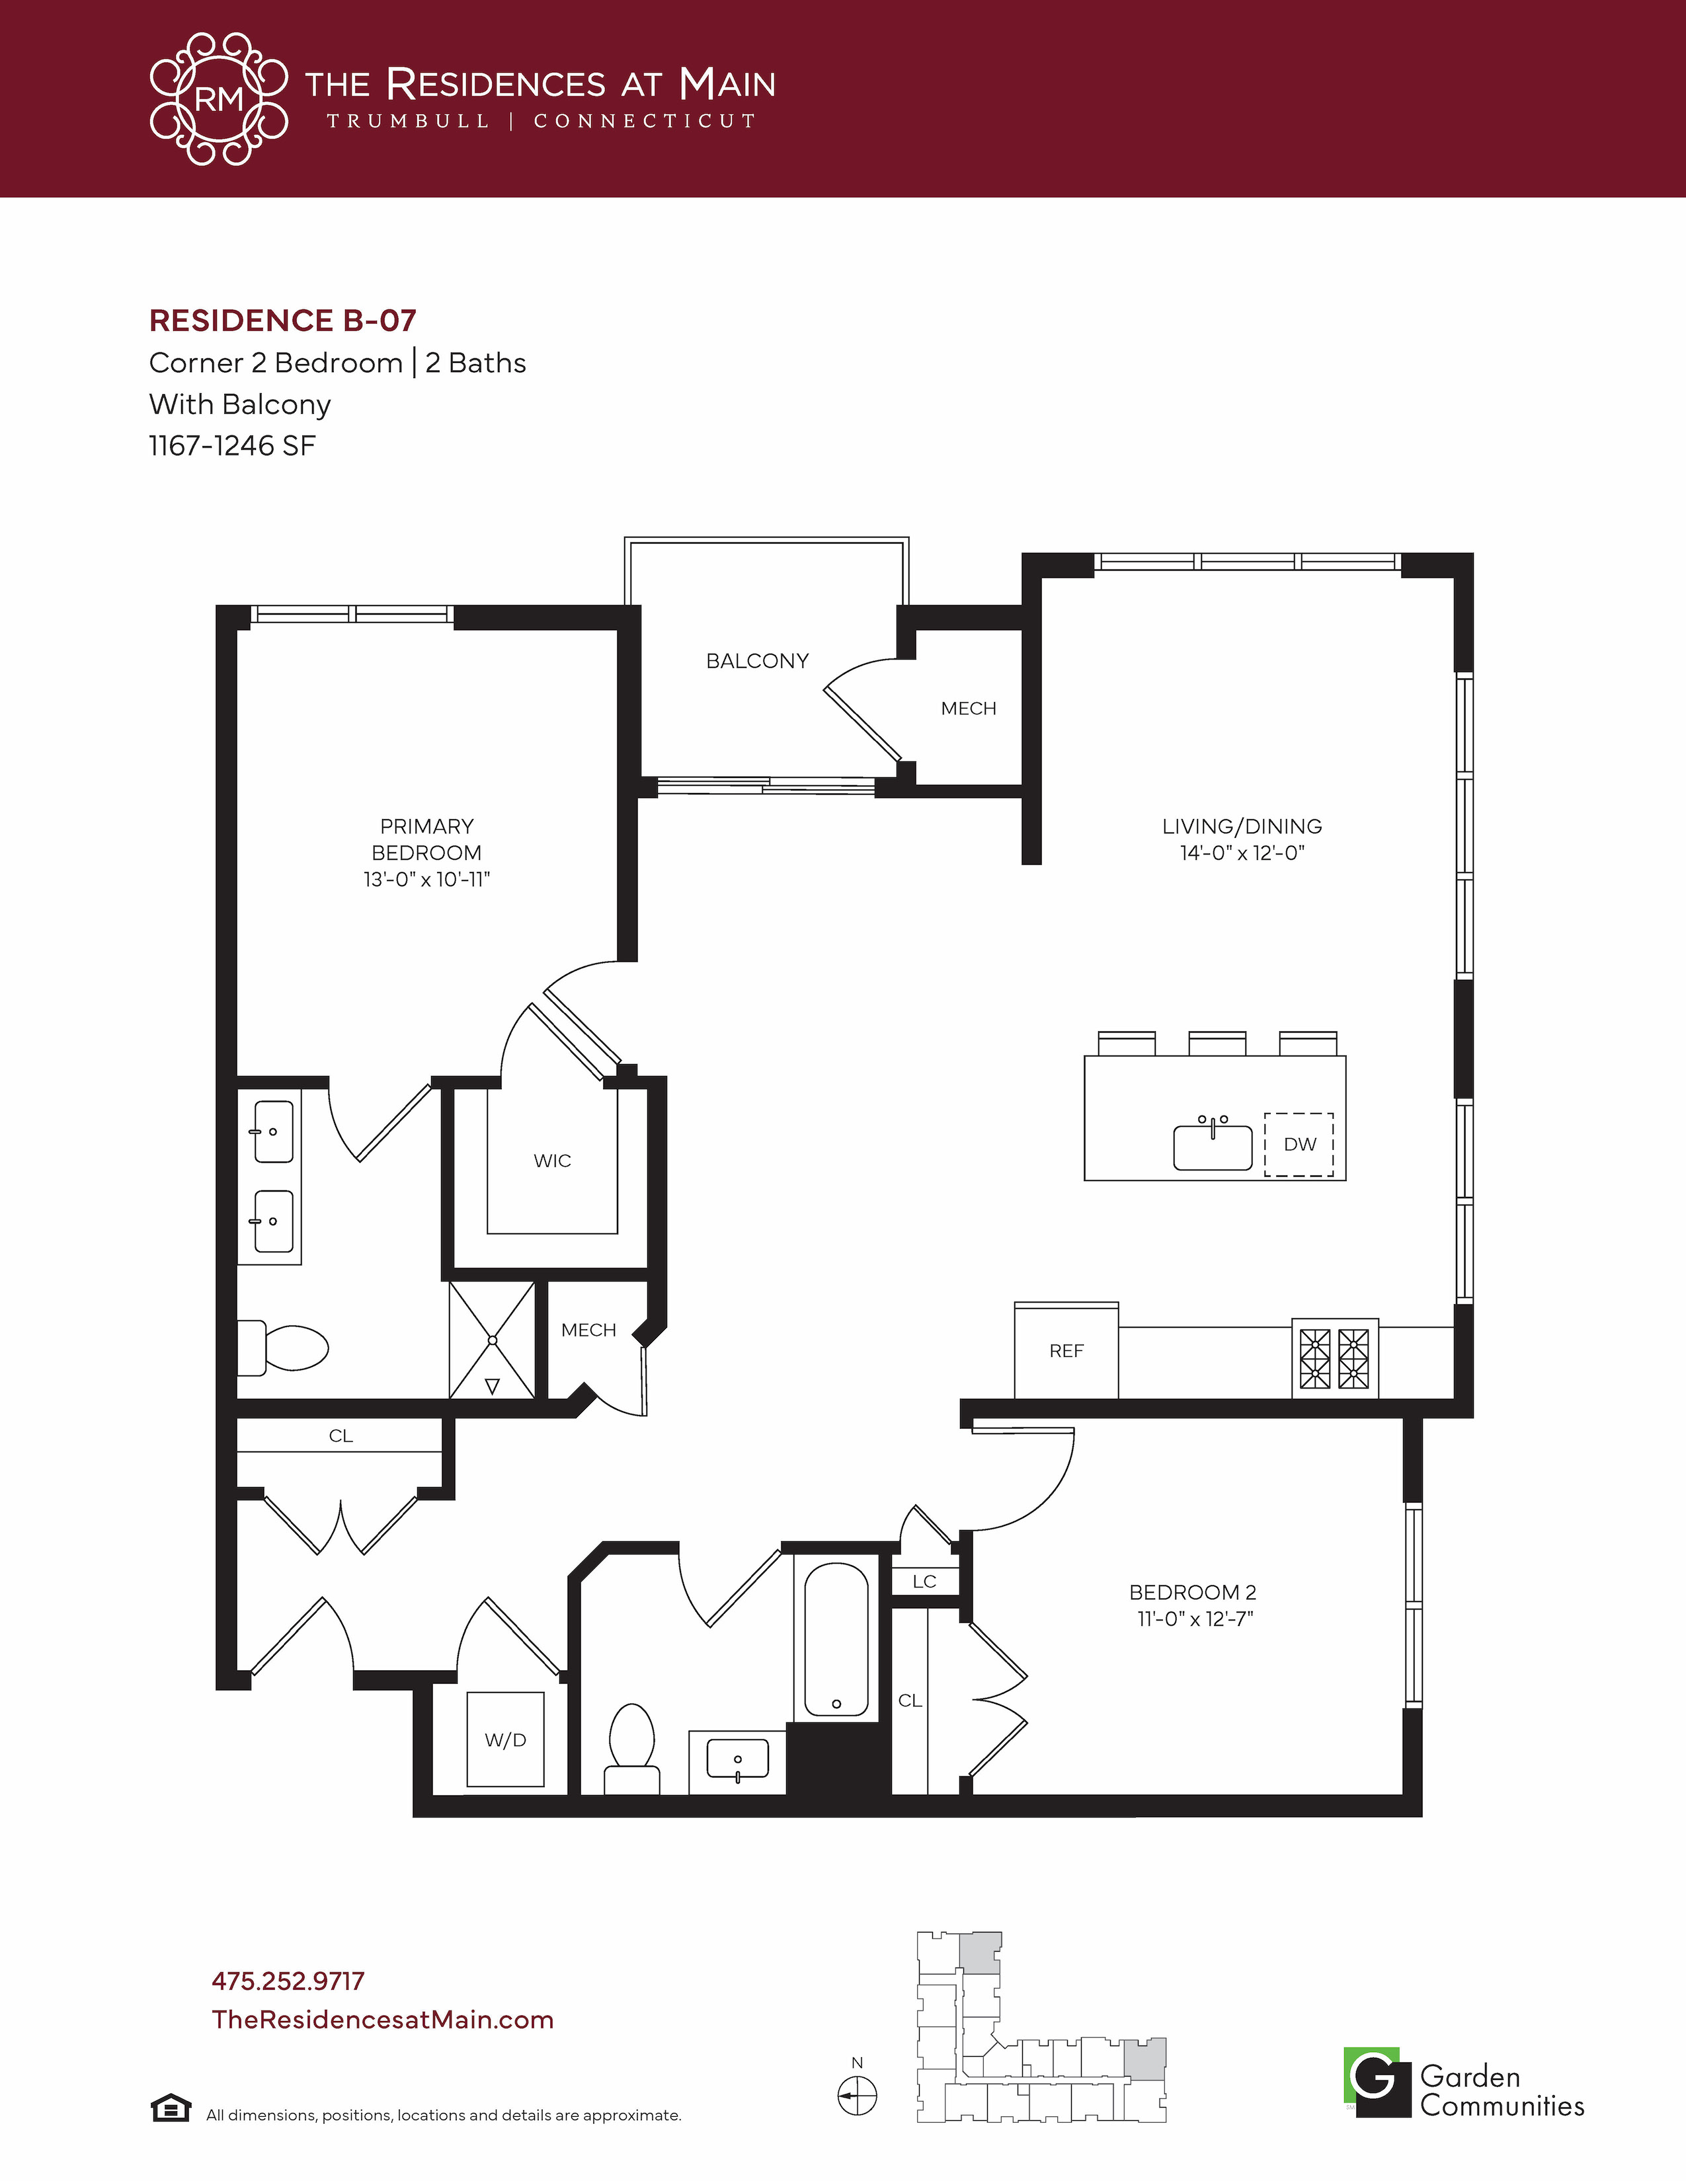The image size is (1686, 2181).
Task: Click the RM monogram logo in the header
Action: (x=219, y=99)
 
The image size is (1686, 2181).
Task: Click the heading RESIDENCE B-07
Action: (x=283, y=321)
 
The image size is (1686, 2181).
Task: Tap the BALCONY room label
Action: (x=757, y=661)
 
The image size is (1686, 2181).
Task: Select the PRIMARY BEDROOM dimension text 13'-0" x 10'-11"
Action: (x=426, y=879)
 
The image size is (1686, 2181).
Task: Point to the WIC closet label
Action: (x=552, y=1161)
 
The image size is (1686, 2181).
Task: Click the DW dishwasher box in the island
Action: (x=1299, y=1145)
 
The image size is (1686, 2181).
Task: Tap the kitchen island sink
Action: (x=1213, y=1145)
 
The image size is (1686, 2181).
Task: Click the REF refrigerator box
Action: (x=1066, y=1350)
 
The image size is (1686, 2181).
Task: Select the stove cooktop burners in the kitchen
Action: (x=1334, y=1358)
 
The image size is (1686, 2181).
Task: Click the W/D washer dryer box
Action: (x=505, y=1739)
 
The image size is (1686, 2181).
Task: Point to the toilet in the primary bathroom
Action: (x=283, y=1347)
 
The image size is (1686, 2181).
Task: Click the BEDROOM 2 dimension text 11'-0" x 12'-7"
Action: (x=1195, y=1619)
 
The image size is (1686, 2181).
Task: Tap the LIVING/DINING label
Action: (x=1242, y=826)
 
